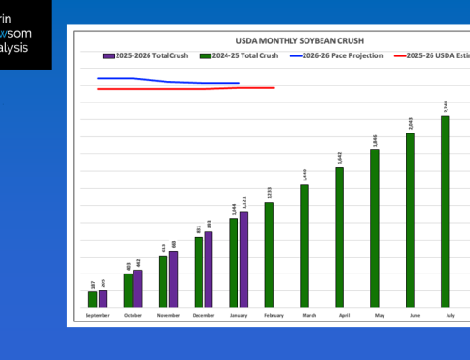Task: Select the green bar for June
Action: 410,220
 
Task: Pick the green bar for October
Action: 128,290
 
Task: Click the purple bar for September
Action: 102,299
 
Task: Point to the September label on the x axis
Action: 97,316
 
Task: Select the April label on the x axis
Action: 339,316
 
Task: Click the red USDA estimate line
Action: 188,89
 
